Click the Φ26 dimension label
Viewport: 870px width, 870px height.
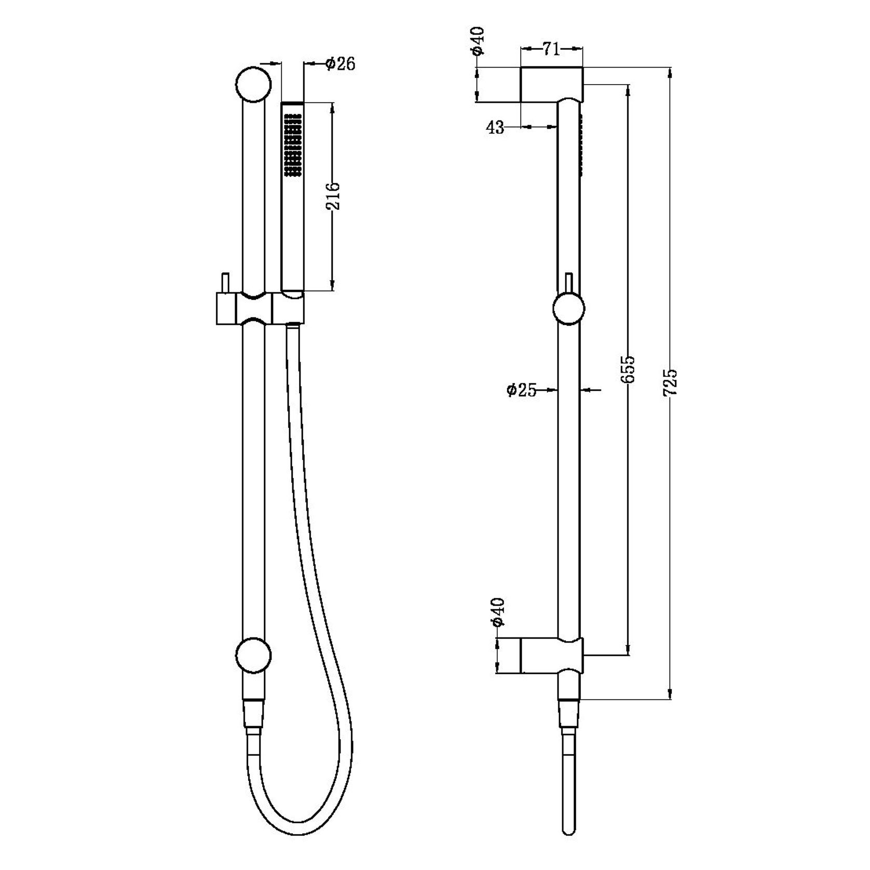[x=340, y=64]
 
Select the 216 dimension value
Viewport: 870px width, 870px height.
[x=334, y=195]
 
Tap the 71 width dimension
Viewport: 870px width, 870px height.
[x=551, y=50]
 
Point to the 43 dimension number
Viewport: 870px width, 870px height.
[x=496, y=127]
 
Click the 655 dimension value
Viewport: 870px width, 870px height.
[x=629, y=369]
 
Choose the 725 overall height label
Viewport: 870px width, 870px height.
[x=671, y=383]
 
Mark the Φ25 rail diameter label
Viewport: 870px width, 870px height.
[x=521, y=390]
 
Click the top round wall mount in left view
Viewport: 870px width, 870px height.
[x=253, y=84]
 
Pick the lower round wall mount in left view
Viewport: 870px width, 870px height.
[x=253, y=656]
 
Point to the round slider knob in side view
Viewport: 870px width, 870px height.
[x=568, y=309]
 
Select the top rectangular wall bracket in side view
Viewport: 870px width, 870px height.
[x=551, y=84]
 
